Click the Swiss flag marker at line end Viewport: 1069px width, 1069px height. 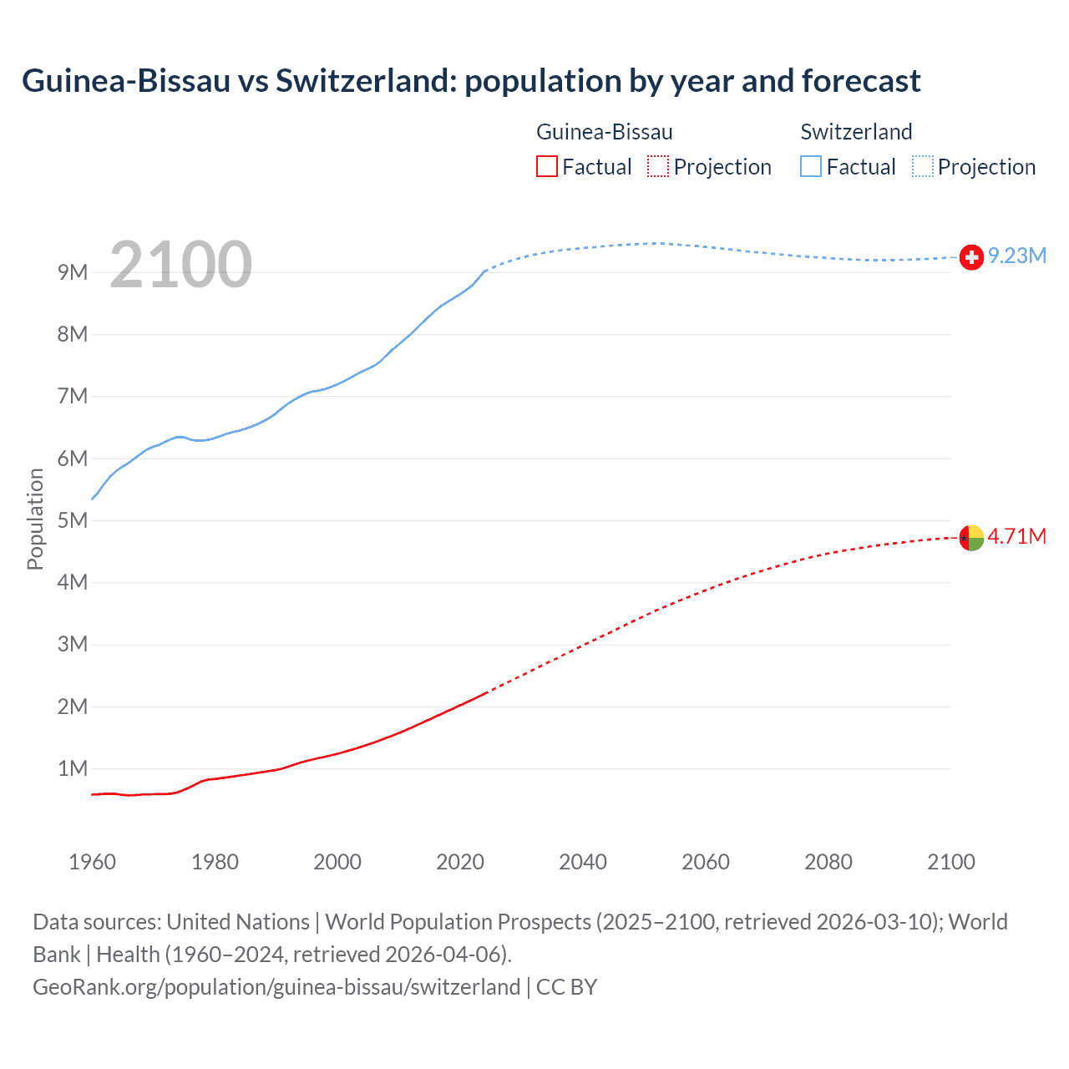coord(971,257)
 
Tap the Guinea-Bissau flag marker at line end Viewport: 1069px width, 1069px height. coord(971,538)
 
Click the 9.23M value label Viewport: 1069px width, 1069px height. coord(1017,256)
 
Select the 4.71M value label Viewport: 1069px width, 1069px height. coord(1017,536)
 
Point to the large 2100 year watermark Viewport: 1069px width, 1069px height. coord(180,265)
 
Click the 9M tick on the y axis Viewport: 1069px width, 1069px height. coord(73,272)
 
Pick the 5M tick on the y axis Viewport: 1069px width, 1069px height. coord(73,520)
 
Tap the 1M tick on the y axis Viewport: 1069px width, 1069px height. coord(73,768)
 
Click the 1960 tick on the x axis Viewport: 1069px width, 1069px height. coord(92,862)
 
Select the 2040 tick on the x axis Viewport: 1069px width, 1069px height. coord(583,862)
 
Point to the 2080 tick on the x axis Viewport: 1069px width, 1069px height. coord(828,862)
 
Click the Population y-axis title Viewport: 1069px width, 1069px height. coord(35,519)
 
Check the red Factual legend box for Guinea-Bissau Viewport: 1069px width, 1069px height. coord(546,166)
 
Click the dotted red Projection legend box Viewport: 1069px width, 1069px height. coord(658,166)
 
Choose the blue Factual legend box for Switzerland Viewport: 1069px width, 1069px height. coord(811,166)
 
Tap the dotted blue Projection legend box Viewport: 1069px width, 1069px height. coord(923,166)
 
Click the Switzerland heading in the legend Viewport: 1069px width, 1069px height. coord(856,132)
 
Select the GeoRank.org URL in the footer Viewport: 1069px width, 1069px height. coord(276,987)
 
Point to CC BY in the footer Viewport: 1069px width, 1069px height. coord(566,987)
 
